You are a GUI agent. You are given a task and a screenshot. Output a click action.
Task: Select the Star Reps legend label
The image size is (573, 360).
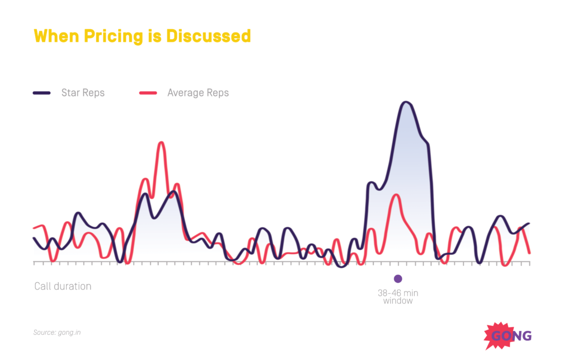pos(83,92)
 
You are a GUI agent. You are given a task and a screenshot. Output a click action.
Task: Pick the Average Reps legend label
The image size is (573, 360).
pos(198,92)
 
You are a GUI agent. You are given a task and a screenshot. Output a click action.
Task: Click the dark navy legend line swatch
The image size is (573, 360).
pos(42,92)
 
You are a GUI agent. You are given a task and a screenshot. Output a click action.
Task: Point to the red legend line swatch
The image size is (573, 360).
pos(148,92)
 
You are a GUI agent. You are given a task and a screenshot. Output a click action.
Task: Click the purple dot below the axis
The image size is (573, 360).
pos(398,278)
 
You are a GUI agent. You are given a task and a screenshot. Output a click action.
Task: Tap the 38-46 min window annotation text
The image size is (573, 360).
pos(398,297)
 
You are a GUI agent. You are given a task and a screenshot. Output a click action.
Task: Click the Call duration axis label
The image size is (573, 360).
pos(63,286)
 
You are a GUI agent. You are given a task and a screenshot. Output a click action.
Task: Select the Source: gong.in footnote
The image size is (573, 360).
pos(57,333)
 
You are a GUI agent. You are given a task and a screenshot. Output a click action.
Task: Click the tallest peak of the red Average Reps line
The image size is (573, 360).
pos(161,143)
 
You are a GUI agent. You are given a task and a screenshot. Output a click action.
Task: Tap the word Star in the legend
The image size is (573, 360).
pos(71,92)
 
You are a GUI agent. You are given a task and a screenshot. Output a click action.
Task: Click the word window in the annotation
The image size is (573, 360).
pos(398,301)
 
